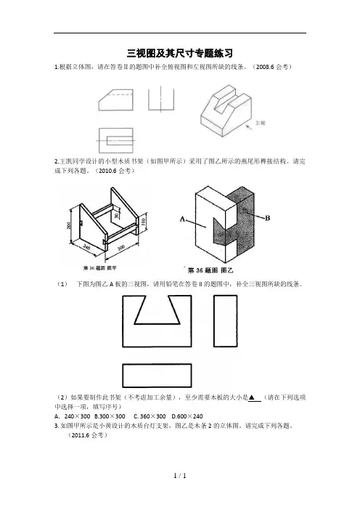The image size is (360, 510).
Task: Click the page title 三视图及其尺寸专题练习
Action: pos(180,53)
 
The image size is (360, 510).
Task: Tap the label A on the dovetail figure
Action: pos(183,219)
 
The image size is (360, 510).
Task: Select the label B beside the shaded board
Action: pos(267,218)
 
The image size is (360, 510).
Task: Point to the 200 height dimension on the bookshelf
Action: pos(69,225)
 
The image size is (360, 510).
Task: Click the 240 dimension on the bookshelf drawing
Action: pos(87,248)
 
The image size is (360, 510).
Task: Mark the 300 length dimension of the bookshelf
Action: pos(121,248)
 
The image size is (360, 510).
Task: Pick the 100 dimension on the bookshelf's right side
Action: pos(143,222)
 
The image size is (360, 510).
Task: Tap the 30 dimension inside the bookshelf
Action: pos(116,215)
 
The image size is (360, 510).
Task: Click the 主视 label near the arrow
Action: pos(261,123)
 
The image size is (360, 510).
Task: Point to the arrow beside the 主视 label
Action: pos(249,127)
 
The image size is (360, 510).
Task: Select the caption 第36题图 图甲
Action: pos(99,268)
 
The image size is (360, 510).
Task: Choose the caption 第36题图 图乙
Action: pos(210,270)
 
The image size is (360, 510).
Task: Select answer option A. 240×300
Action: pos(73,416)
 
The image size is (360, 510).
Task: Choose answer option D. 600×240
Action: pos(187,416)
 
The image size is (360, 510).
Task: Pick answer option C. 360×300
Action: pos(150,416)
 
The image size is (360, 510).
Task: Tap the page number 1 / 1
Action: pos(180,476)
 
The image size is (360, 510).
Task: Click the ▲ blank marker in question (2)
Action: pos(251,397)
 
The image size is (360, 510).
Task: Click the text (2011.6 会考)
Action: pos(87,435)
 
